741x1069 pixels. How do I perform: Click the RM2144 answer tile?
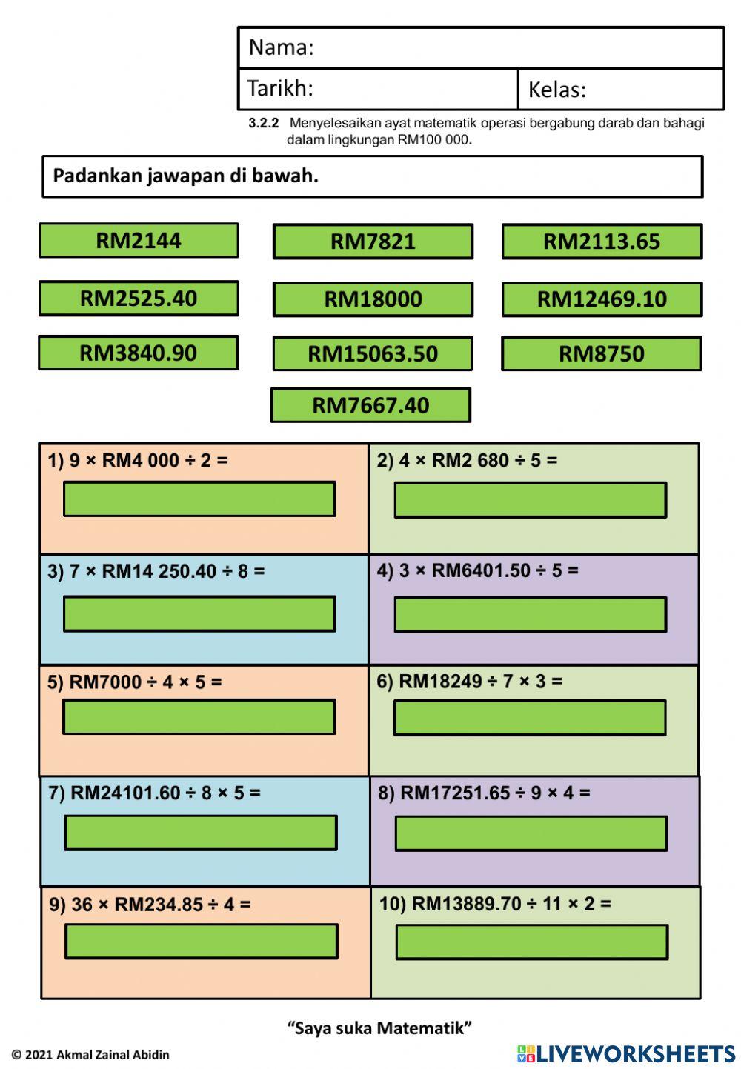pos(139,241)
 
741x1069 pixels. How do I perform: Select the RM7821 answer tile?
pos(373,242)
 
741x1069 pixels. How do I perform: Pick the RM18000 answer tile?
pos(373,299)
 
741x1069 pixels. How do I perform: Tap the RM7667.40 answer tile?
pos(370,405)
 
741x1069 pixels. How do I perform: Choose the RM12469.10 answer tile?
pos(602,299)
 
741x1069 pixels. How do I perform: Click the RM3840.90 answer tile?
pos(139,353)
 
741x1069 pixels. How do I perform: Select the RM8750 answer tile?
pos(602,353)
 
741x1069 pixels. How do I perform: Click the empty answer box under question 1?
pos(199,499)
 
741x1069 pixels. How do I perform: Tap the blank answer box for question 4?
pos(531,615)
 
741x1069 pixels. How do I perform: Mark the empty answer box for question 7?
pos(201,833)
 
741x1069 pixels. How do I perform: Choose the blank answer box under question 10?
pos(532,942)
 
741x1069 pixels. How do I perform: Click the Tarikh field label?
pos(280,88)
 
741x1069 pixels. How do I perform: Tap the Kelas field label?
pos(556,90)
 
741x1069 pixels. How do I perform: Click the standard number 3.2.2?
pos(264,123)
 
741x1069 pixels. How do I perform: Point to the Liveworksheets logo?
pos(626,1053)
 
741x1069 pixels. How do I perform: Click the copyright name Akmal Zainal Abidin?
pos(113,1055)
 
